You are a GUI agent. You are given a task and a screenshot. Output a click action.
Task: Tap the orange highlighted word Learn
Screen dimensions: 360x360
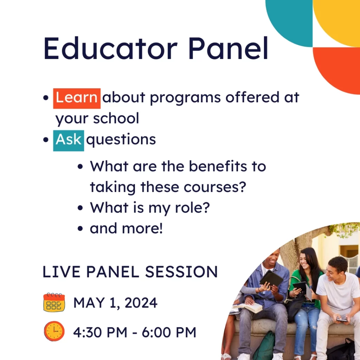point(77,98)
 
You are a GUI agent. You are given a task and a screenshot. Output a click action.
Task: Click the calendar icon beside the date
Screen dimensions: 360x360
point(54,303)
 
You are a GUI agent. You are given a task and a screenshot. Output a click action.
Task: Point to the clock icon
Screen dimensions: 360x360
point(54,331)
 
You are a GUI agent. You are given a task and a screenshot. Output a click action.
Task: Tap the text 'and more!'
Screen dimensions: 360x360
point(126,229)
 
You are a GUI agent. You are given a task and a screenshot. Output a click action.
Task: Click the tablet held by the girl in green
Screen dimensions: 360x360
point(300,287)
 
